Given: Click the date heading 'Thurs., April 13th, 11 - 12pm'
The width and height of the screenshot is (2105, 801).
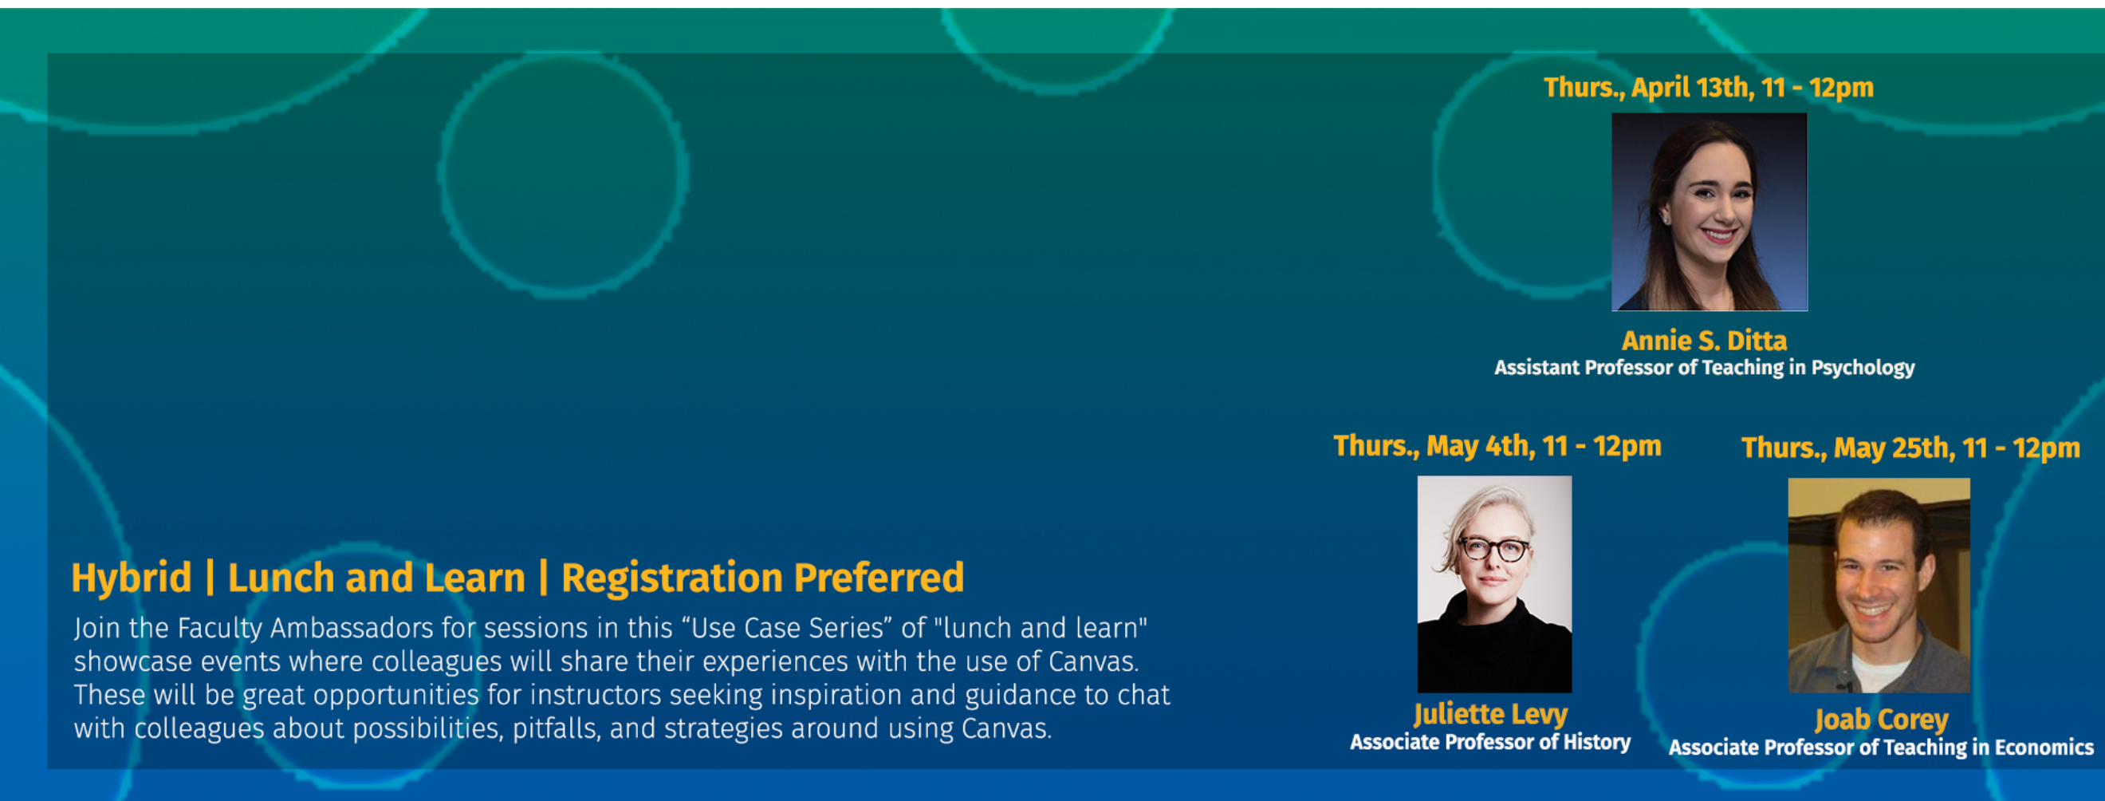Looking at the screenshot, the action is pyautogui.click(x=1708, y=88).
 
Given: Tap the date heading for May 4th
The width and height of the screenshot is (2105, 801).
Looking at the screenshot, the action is pyautogui.click(x=1497, y=446).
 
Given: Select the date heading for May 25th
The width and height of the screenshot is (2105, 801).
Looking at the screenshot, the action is pyautogui.click(x=1910, y=448).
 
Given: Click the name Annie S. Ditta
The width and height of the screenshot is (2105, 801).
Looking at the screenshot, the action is pyautogui.click(x=1704, y=340).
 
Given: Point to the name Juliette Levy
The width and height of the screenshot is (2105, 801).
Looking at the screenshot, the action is pyautogui.click(x=1490, y=714).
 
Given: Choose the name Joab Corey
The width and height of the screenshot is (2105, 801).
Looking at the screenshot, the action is pyautogui.click(x=1881, y=720).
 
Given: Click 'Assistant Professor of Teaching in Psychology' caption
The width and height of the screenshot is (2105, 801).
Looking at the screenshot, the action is pyautogui.click(x=1705, y=368).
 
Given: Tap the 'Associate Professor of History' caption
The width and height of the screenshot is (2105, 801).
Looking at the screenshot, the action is pyautogui.click(x=1489, y=742).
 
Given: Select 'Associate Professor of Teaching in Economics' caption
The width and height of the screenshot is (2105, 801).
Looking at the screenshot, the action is pyautogui.click(x=1881, y=748).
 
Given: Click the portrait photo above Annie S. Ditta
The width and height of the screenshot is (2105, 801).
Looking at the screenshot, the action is pyautogui.click(x=1710, y=211).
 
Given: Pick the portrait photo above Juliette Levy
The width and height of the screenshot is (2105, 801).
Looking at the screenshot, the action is pyautogui.click(x=1494, y=585).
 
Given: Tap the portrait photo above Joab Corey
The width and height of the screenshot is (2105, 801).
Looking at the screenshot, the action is pyautogui.click(x=1879, y=586).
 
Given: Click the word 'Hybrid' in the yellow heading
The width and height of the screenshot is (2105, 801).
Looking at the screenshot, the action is pyautogui.click(x=132, y=578).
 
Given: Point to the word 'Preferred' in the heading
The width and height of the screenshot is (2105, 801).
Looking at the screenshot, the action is pyautogui.click(x=879, y=578).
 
